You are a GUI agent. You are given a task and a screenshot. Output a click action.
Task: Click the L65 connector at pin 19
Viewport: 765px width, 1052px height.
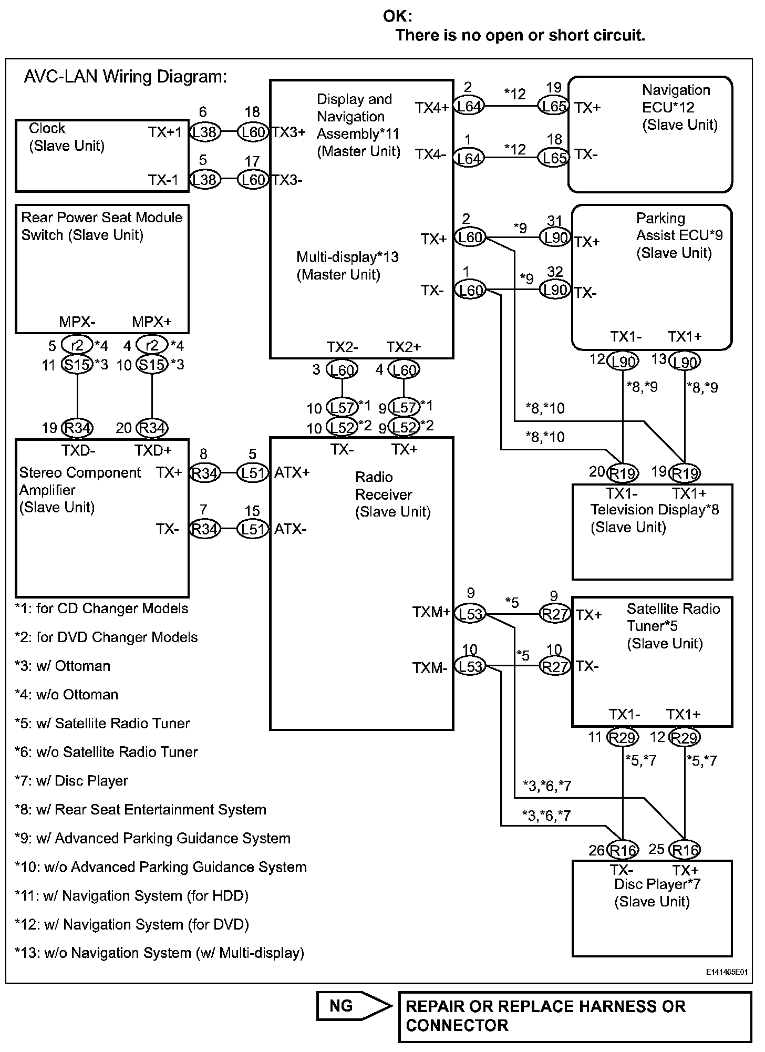pos(554,106)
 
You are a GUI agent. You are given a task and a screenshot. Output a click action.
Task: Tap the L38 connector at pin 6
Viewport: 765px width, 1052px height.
pos(205,132)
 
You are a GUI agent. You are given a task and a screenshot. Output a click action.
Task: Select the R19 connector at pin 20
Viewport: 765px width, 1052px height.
pos(623,473)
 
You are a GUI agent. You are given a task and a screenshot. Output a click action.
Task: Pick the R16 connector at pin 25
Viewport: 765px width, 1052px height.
pos(686,850)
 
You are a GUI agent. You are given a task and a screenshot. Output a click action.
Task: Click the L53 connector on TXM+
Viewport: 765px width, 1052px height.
pos(470,614)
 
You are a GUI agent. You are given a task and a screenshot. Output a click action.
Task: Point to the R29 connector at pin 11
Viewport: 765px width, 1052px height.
pos(623,738)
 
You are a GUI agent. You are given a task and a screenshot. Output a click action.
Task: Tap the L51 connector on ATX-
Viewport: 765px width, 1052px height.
pos(253,529)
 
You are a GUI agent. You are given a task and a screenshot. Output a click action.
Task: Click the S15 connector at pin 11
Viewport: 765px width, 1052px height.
pos(77,364)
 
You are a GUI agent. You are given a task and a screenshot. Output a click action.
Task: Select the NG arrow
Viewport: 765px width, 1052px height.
pos(354,1006)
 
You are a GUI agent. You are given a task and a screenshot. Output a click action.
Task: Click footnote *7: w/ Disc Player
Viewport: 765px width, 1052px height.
pos(71,781)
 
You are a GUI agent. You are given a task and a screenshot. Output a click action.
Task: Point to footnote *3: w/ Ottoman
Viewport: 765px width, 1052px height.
pos(63,666)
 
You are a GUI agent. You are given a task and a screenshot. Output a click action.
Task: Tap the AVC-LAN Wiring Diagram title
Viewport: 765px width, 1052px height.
pos(126,77)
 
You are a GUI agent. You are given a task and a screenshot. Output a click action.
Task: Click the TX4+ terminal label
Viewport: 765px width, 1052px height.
pos(432,108)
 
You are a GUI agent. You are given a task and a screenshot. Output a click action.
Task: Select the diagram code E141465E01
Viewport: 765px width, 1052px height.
pos(727,973)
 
